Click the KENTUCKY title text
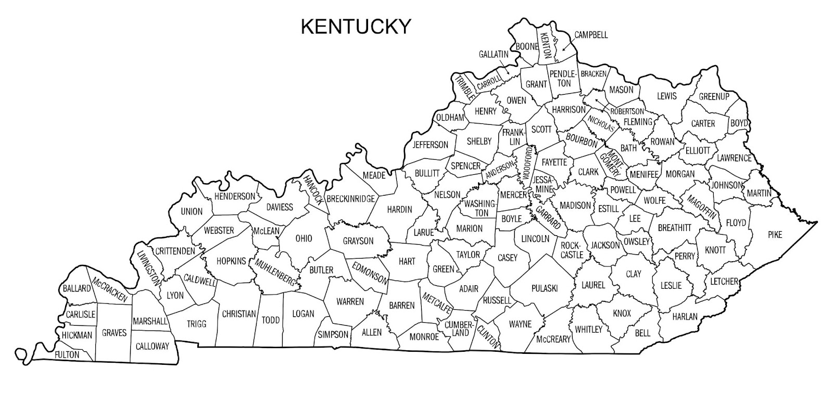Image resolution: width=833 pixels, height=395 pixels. pos(356,26)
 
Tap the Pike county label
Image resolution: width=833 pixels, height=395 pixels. pos(775,235)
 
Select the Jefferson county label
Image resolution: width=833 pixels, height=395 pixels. pos(430,144)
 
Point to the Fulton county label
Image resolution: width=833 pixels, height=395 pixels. pos(67,355)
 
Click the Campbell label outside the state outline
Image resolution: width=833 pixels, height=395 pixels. pos(591,35)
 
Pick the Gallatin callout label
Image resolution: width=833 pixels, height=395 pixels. pos(493,54)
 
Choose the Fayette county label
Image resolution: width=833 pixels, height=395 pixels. pos(554,162)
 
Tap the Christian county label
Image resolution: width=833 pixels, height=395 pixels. pos(239,314)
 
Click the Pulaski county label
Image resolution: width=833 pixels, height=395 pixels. pos(545,288)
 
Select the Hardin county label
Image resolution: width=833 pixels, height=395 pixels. pos(399,210)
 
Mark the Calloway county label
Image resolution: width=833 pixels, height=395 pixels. pos(152,346)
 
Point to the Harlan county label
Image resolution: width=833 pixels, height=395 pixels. pos(685,316)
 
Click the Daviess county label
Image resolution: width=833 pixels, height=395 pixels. pos(280,207)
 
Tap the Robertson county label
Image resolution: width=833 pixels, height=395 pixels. pos(627,111)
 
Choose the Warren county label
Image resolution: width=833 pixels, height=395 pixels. pos(350,301)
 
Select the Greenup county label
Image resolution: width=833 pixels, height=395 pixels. pos(714,96)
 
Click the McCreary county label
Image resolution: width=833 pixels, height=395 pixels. pos(553,339)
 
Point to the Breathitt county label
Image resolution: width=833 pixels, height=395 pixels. pos(674,227)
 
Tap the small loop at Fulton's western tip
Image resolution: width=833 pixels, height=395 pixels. pos(22,354)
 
